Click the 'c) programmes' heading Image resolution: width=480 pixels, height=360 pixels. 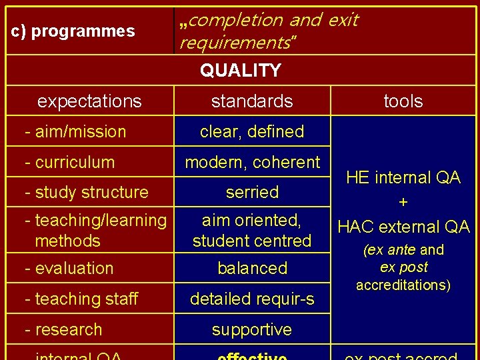73,31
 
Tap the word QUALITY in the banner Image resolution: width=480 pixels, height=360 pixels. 241,70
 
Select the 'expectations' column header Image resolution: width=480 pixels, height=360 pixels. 89,101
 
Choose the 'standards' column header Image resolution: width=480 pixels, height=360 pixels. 252,101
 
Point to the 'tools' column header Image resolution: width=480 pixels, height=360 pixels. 403,101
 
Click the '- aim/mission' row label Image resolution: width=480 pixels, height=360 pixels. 75,131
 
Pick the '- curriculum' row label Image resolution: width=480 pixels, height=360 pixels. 69,162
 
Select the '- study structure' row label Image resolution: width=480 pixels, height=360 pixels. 86,192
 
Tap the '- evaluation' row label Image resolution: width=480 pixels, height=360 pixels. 69,269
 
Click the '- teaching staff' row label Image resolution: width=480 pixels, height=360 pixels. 81,299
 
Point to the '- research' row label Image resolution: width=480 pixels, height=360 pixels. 63,329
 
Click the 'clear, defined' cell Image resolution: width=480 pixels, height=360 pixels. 252,131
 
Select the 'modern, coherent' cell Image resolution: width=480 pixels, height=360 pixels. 252,162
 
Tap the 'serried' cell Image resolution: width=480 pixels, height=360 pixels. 252,192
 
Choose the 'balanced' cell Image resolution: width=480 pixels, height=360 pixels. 252,269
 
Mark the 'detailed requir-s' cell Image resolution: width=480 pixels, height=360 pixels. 252,299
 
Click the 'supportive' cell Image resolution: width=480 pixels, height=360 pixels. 252,329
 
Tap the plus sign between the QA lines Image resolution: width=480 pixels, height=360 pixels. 403,202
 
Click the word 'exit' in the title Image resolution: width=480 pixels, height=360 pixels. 343,20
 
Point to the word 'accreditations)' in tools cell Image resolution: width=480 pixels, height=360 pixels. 403,285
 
